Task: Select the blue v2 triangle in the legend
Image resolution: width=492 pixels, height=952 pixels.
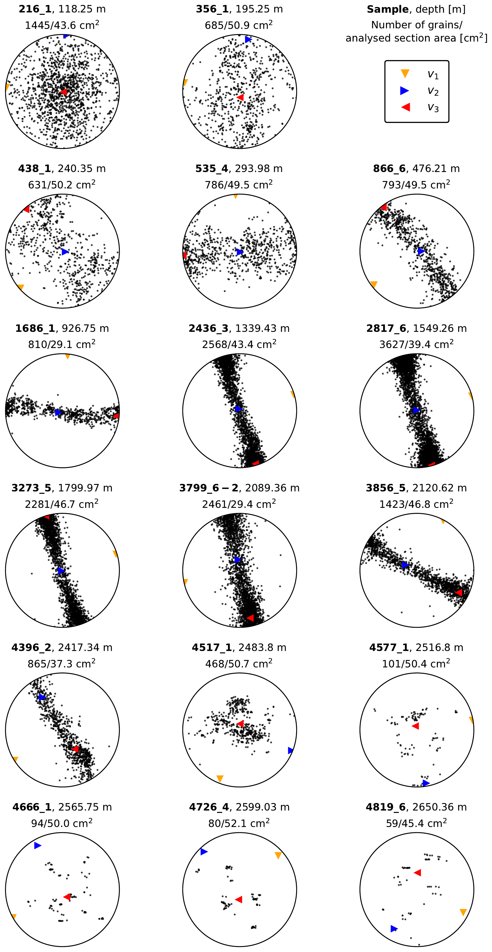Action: tap(405, 91)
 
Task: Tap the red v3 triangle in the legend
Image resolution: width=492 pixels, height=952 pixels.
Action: tap(406, 107)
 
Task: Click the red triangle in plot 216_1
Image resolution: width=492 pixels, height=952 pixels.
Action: tap(64, 92)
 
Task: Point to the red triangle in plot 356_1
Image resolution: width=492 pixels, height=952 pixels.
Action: tap(240, 97)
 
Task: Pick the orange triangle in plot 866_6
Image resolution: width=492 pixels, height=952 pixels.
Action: tap(374, 284)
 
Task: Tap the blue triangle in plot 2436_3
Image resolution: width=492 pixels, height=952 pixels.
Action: tap(239, 409)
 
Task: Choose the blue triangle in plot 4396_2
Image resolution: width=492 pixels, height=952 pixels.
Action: tap(42, 697)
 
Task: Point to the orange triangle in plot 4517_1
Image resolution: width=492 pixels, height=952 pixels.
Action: tap(220, 779)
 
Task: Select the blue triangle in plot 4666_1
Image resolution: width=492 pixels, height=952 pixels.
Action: tap(37, 845)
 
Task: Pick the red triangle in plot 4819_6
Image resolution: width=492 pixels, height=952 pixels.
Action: tap(417, 872)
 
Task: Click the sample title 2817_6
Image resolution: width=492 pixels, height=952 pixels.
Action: tap(386, 328)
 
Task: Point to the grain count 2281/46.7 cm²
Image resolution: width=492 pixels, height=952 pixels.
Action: tap(62, 504)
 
